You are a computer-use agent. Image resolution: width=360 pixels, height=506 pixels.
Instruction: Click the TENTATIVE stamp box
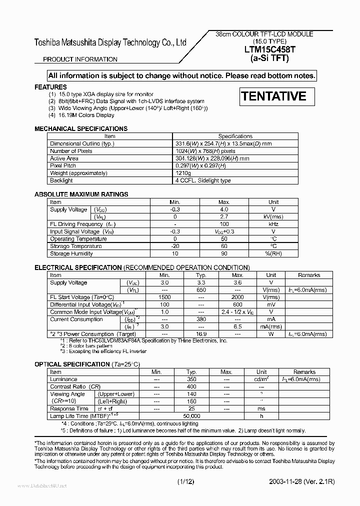pos(277,96)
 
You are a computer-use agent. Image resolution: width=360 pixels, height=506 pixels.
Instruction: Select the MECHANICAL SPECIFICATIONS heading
pos(81,128)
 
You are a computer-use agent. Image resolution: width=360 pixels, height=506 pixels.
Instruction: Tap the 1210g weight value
pos(183,173)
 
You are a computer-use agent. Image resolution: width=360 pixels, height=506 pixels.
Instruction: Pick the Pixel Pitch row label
pos(63,165)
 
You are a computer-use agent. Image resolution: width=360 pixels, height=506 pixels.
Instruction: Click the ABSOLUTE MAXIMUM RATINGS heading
pos(81,194)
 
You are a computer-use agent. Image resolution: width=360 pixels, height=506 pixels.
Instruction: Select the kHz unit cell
pos(273,224)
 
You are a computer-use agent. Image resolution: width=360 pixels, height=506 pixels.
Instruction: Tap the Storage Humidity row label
pos(71,254)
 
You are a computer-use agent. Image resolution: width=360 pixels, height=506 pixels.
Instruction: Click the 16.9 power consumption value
pos(201,334)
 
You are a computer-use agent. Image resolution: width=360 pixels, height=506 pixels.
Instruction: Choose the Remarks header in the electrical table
pos(309,275)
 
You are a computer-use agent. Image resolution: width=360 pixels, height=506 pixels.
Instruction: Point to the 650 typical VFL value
pos(201,290)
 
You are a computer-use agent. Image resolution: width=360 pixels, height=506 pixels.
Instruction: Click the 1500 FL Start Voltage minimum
pos(164,297)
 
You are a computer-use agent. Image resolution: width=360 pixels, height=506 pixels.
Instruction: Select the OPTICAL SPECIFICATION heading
pos(71,364)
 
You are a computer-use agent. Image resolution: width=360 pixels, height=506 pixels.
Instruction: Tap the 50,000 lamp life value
pos(191,416)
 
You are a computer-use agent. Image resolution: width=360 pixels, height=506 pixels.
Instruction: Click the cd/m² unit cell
pos(261,379)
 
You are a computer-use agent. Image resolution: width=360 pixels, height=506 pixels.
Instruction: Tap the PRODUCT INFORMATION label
pos(80,59)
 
